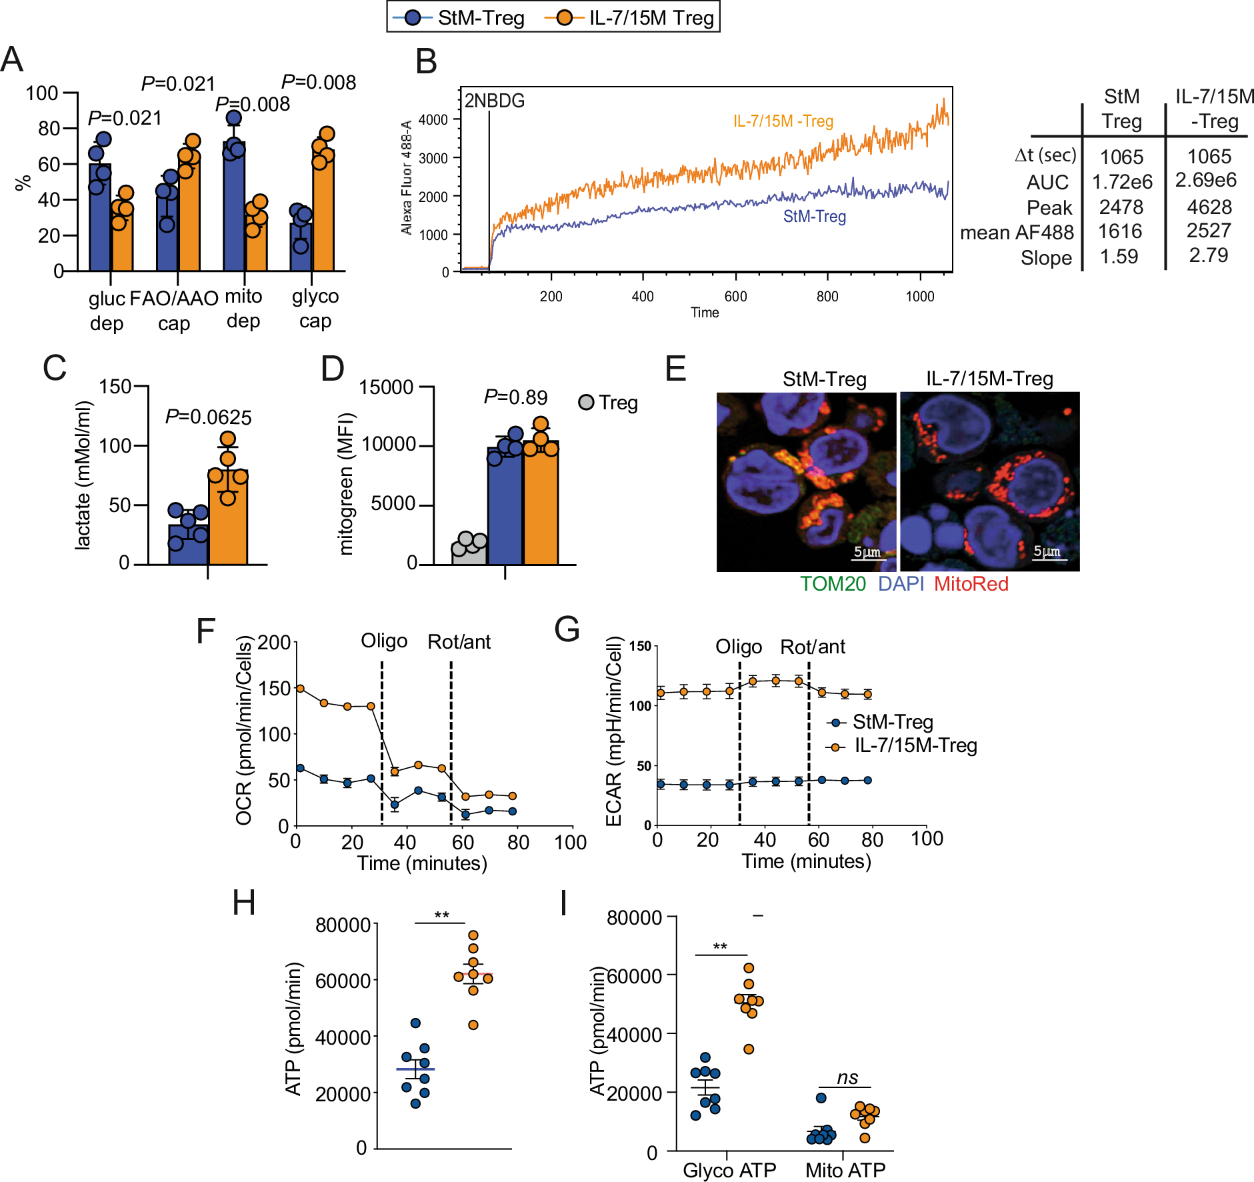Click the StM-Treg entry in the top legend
point(460,17)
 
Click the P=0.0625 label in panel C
point(208,417)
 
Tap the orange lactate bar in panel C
point(228,520)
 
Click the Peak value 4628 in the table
point(1209,207)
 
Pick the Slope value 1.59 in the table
point(1119,257)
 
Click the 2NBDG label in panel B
point(494,101)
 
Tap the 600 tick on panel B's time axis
point(735,297)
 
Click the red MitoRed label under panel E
point(971,584)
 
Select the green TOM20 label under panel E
point(833,584)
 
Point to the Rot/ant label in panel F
point(459,642)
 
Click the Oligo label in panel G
point(738,647)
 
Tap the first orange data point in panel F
point(300,688)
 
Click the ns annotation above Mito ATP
point(847,1078)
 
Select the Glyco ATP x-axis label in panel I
point(729,1170)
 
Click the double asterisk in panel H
point(441,916)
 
